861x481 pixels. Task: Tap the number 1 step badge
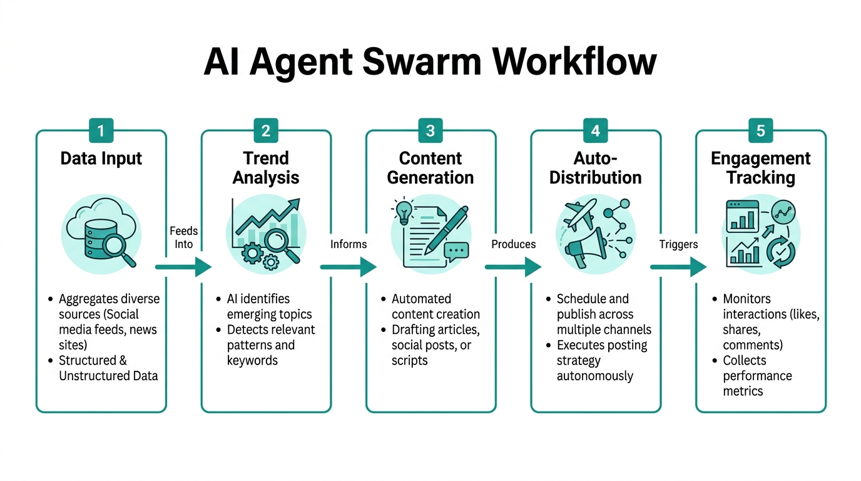(101, 130)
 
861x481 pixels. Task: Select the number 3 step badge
(430, 130)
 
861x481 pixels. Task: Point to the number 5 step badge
(760, 130)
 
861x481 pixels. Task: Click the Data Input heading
(101, 158)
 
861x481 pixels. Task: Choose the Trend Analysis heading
(266, 168)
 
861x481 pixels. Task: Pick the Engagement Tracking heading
(760, 168)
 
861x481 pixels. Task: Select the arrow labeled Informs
(348, 267)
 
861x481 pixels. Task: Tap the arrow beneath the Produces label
(513, 267)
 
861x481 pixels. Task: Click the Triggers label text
(678, 244)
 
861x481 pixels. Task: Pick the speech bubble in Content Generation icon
(456, 251)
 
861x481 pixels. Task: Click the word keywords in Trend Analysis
(252, 360)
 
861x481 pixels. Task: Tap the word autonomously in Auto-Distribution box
(594, 376)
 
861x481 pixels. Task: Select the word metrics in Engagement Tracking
(743, 391)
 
